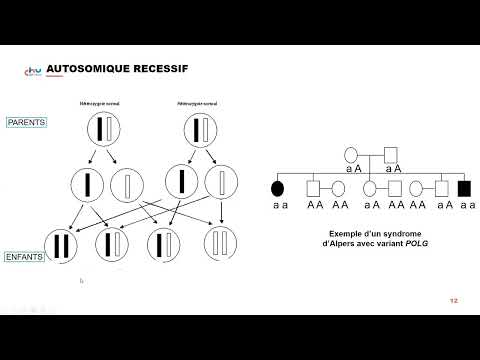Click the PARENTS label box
click(x=28, y=122)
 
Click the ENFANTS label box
click(x=28, y=257)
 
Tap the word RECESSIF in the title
click(x=160, y=68)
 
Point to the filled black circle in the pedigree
click(x=279, y=187)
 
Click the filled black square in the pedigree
click(x=463, y=187)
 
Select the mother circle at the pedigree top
click(x=351, y=153)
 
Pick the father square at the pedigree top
click(x=391, y=153)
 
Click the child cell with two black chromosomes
click(x=64, y=245)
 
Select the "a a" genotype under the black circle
click(x=279, y=204)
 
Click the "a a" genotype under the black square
click(x=463, y=204)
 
